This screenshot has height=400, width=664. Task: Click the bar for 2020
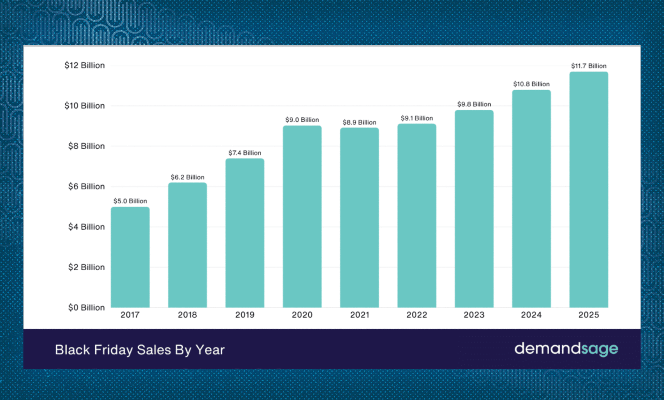coord(302,216)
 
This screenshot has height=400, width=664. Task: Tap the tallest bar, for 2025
coord(588,189)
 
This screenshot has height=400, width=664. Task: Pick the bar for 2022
coord(417,216)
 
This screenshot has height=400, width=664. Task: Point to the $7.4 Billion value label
coord(245,153)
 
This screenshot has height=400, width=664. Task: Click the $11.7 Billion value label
coord(588,66)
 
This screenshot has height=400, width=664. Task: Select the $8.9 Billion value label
coord(359,122)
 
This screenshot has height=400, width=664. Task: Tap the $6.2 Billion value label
coord(187,177)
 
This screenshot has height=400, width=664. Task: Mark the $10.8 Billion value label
coord(531,84)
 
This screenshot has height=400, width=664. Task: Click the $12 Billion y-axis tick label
coord(85,65)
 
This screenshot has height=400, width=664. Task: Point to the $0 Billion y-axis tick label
coord(86,307)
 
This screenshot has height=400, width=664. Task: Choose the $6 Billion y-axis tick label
coord(86,186)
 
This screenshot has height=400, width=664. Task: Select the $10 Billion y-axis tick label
coord(85,105)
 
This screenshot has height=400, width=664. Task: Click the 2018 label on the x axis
coord(187,315)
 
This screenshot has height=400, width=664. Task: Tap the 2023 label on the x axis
coord(474,315)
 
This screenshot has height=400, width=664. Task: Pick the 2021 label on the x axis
coord(360,315)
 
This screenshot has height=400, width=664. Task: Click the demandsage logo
coord(566,348)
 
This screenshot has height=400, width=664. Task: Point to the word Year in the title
coord(210,350)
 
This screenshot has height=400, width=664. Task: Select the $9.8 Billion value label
coord(474,104)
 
